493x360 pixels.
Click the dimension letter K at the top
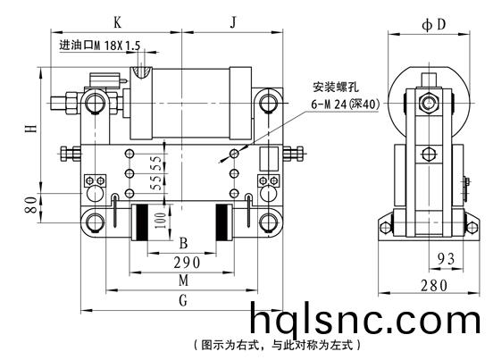(117, 22)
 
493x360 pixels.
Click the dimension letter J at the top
(233, 22)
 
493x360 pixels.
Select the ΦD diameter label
(434, 24)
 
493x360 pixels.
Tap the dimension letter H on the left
(31, 129)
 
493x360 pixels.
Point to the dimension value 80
(31, 205)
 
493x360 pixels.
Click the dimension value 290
(187, 263)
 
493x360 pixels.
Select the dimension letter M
(184, 280)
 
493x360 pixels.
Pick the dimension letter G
(183, 300)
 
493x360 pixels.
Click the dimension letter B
(183, 243)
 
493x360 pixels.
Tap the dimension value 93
(447, 259)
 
